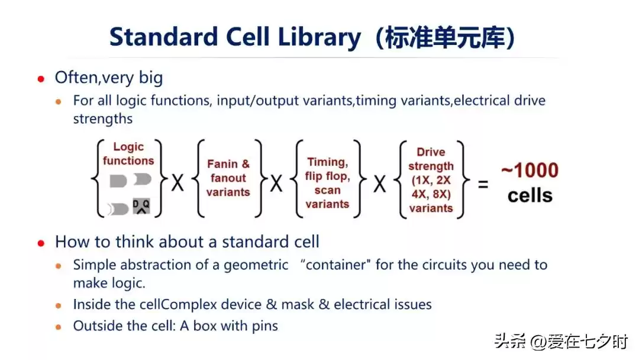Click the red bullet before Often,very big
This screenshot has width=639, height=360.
coord(41,78)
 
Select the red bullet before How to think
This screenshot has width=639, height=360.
coord(41,243)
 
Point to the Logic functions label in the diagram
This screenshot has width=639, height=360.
coord(128,153)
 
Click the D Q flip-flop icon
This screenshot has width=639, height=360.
coord(142,205)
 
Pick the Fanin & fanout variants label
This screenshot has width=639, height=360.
coord(228,178)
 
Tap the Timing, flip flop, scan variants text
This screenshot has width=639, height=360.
coord(327,182)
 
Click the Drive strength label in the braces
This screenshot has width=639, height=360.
coord(431,159)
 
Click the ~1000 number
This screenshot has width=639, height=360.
coord(530,171)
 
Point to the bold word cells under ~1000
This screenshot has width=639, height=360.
coord(530,195)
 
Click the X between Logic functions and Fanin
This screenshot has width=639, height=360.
coord(177,184)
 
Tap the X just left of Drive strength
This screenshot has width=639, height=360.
coord(380,184)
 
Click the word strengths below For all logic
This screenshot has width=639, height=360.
coord(103,118)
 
